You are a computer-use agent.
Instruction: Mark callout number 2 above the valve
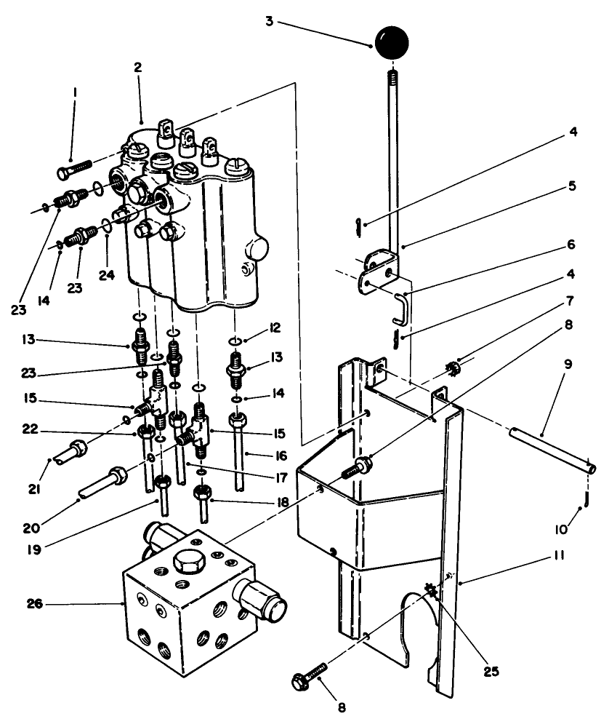[x=137, y=67]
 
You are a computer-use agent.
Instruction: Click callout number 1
[x=75, y=94]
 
